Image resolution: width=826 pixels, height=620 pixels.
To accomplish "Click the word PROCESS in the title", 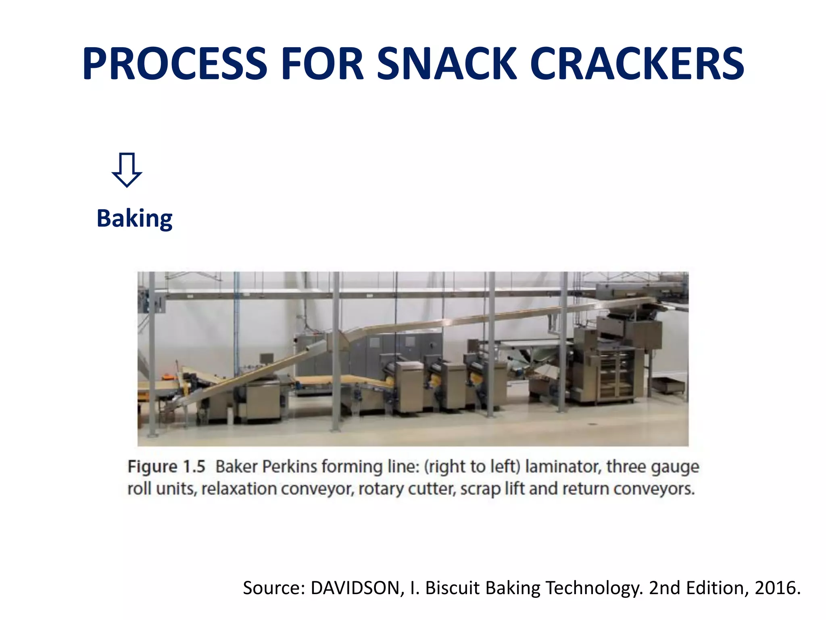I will [175, 64].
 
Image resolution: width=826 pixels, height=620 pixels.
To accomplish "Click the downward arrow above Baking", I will [127, 170].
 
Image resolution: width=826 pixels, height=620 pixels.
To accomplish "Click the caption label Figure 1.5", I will [166, 467].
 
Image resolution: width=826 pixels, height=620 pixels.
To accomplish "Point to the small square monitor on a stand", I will [266, 358].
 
